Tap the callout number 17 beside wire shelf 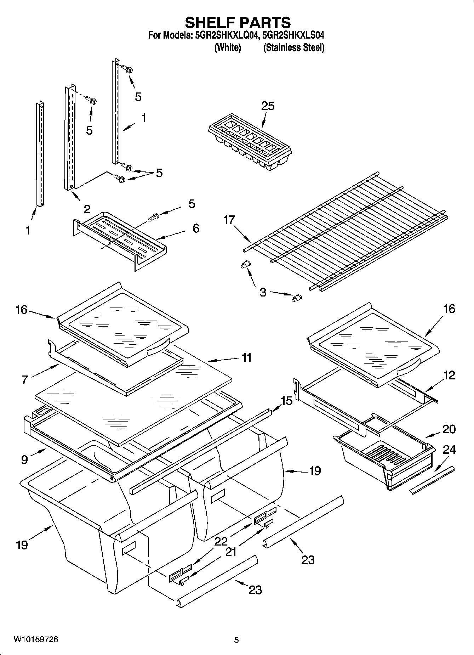pos(229,220)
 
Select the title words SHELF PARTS pos(238,23)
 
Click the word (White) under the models pos(228,47)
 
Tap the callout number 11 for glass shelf pos(246,357)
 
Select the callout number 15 pos(286,401)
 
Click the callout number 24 pos(449,450)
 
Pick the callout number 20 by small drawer pos(449,429)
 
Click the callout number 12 pos(449,375)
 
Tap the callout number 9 pos(24,459)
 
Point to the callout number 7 pos(24,379)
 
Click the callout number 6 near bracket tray pos(196,228)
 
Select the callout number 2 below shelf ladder pos(87,209)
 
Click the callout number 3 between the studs pos(263,293)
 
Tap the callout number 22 pos(221,541)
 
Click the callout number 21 pos(231,552)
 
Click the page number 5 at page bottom pos(236,640)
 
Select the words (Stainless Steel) pos(293,47)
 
